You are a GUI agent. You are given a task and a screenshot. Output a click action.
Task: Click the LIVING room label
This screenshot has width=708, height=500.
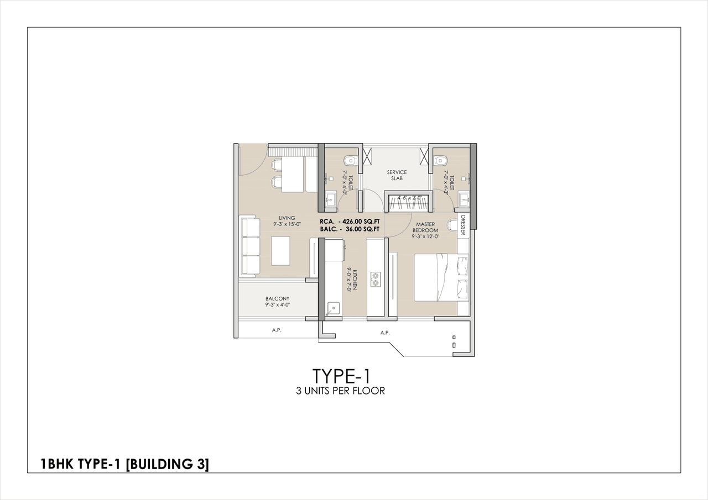click(287, 218)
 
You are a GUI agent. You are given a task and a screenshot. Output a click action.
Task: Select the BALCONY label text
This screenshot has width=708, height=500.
click(278, 298)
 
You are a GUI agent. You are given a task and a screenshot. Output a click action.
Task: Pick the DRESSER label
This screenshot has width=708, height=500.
click(464, 225)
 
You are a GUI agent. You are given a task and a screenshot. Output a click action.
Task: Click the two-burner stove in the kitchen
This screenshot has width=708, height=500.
click(376, 279)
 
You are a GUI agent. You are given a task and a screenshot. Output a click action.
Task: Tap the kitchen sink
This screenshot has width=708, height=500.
click(333, 308)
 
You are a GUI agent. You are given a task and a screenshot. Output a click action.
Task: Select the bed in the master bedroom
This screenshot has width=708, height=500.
click(441, 277)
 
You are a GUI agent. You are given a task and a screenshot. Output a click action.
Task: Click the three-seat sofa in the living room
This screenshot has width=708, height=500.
click(250, 246)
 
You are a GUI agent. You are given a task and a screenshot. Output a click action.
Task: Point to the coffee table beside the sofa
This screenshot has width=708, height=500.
click(280, 251)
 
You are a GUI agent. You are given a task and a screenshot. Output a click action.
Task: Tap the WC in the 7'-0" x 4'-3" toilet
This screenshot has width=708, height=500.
click(441, 161)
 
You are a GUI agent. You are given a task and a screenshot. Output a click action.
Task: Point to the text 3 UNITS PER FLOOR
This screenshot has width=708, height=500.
click(340, 391)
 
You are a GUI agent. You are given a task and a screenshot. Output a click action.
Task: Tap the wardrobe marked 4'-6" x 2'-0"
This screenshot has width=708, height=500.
click(409, 203)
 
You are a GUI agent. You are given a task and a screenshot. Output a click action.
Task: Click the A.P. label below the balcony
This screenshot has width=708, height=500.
click(275, 330)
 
